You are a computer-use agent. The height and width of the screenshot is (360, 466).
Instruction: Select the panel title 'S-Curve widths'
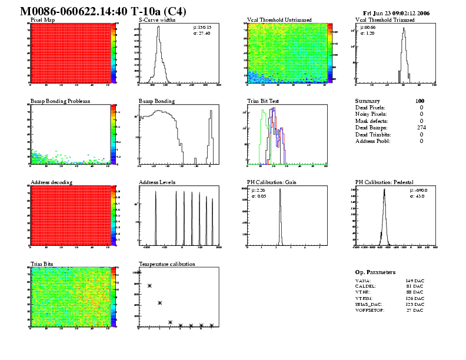(x=157, y=20)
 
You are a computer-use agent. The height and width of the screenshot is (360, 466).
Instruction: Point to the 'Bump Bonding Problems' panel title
(x=60, y=101)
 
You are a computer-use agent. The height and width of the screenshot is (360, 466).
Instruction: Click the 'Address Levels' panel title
(x=157, y=182)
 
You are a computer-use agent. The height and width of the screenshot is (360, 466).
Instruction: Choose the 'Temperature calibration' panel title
(x=167, y=264)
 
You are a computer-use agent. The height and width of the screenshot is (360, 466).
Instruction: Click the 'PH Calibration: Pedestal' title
(x=386, y=182)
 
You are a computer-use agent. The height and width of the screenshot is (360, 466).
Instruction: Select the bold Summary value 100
(x=420, y=101)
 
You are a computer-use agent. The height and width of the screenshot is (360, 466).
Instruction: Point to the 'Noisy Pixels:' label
(x=371, y=114)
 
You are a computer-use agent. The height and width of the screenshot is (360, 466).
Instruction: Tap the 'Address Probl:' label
(x=372, y=141)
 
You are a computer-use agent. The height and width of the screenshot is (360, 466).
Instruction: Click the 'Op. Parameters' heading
(x=375, y=272)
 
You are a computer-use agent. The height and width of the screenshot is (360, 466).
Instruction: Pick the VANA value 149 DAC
(x=414, y=283)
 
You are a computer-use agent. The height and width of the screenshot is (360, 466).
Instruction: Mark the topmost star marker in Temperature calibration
(x=139, y=272)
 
